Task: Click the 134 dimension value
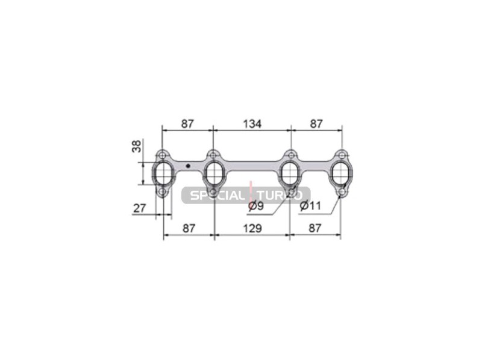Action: tap(252, 124)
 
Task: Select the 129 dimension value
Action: tap(252, 228)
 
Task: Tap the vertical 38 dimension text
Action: tap(137, 146)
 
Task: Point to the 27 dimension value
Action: tap(139, 208)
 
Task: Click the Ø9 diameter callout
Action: tap(255, 206)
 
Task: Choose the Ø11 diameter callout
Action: tap(310, 205)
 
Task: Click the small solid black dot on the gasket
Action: tap(188, 166)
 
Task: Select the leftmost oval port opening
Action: tap(163, 173)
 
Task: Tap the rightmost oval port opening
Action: tap(341, 173)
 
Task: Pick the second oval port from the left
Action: tap(213, 173)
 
